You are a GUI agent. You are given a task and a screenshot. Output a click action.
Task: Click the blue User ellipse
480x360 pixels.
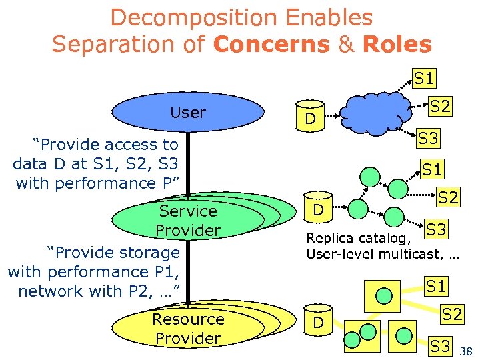pos(187,113)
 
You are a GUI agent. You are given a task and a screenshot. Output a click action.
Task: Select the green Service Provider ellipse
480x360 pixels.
pos(187,221)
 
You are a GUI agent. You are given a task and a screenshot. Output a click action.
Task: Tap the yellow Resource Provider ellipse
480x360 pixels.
pos(187,328)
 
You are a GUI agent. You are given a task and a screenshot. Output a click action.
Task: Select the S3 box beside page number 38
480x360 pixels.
pos(439,345)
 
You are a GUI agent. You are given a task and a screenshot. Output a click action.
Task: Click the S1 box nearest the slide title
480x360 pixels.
pos(424,79)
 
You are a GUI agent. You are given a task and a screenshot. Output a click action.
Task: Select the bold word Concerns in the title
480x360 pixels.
pos(272,44)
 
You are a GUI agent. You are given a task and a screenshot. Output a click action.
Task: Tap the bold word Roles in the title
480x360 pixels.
pos(397,44)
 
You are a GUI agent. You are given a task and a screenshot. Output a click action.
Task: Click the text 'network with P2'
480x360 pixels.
pos(85,291)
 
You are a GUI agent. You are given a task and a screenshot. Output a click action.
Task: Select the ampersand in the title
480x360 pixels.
pos(346,44)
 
